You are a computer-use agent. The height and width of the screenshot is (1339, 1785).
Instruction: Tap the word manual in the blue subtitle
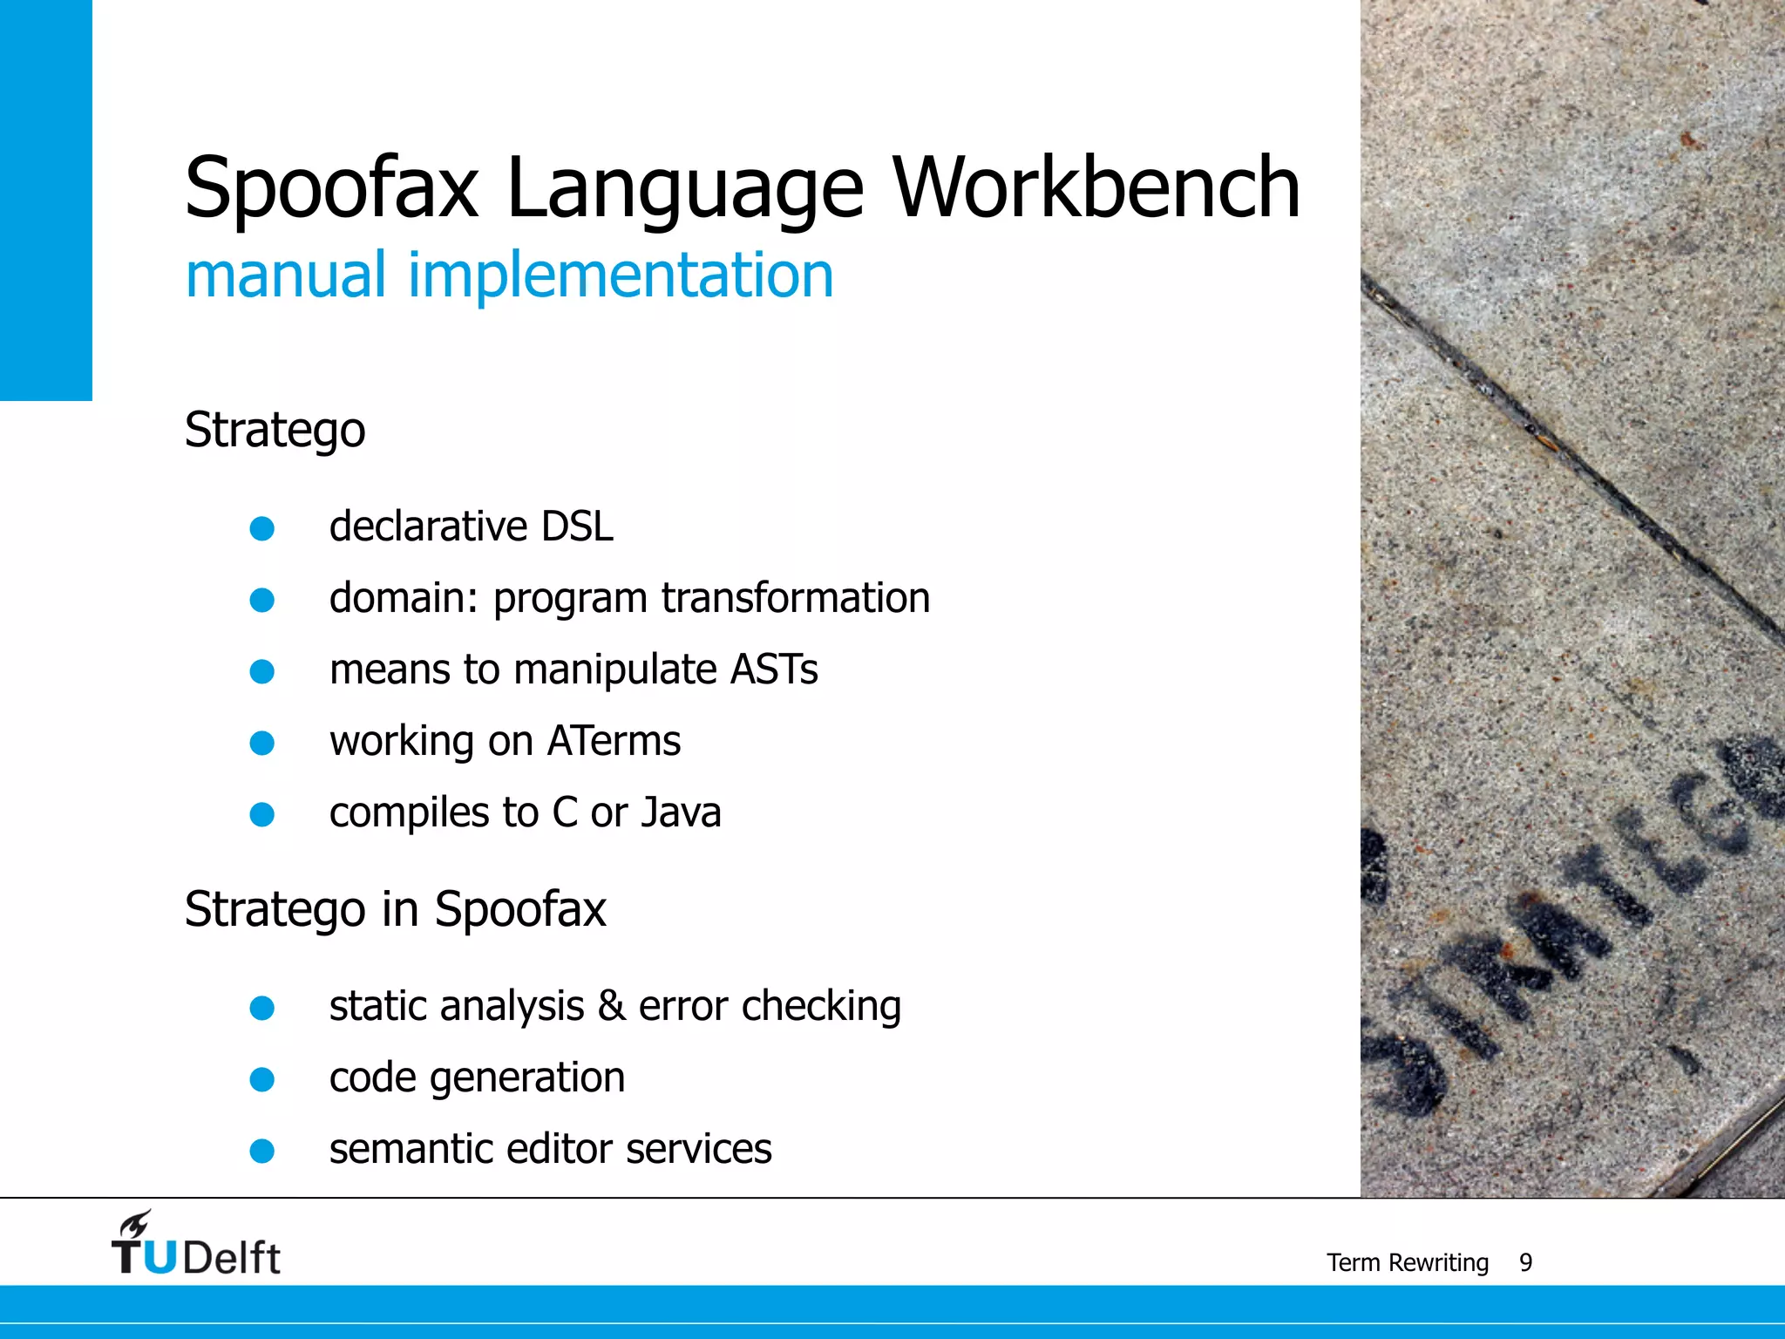click(285, 275)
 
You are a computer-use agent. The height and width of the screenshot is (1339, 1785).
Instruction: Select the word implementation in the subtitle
click(621, 275)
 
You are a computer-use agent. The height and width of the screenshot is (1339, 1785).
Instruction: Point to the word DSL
click(577, 527)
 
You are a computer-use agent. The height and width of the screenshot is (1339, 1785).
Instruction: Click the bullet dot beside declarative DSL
click(261, 528)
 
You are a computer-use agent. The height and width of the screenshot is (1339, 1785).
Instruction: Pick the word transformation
click(795, 598)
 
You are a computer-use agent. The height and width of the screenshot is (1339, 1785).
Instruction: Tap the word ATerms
click(614, 741)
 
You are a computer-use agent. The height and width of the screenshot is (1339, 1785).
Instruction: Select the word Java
click(681, 812)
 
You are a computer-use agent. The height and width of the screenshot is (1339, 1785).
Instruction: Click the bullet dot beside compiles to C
click(261, 814)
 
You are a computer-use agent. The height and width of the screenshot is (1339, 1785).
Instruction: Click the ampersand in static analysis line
click(611, 1006)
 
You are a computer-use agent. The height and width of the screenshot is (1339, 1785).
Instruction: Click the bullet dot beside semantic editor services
click(261, 1151)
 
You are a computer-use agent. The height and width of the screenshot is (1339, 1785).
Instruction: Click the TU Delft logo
click(195, 1245)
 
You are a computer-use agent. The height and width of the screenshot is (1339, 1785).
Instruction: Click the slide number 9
click(1525, 1262)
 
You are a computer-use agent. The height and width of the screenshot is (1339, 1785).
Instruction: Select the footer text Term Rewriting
click(1407, 1262)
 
